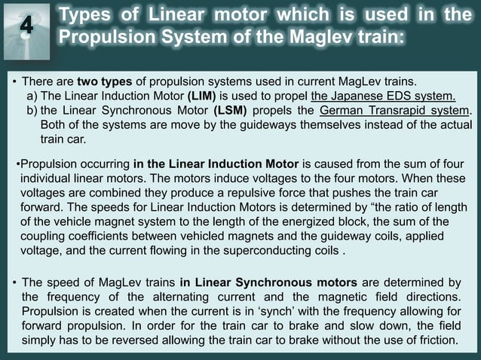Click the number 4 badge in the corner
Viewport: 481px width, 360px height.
(x=26, y=25)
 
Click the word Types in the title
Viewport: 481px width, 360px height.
(x=85, y=15)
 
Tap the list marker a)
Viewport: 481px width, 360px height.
(x=32, y=96)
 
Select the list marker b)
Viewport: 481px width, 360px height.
(x=32, y=111)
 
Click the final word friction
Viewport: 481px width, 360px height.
(x=434, y=340)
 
